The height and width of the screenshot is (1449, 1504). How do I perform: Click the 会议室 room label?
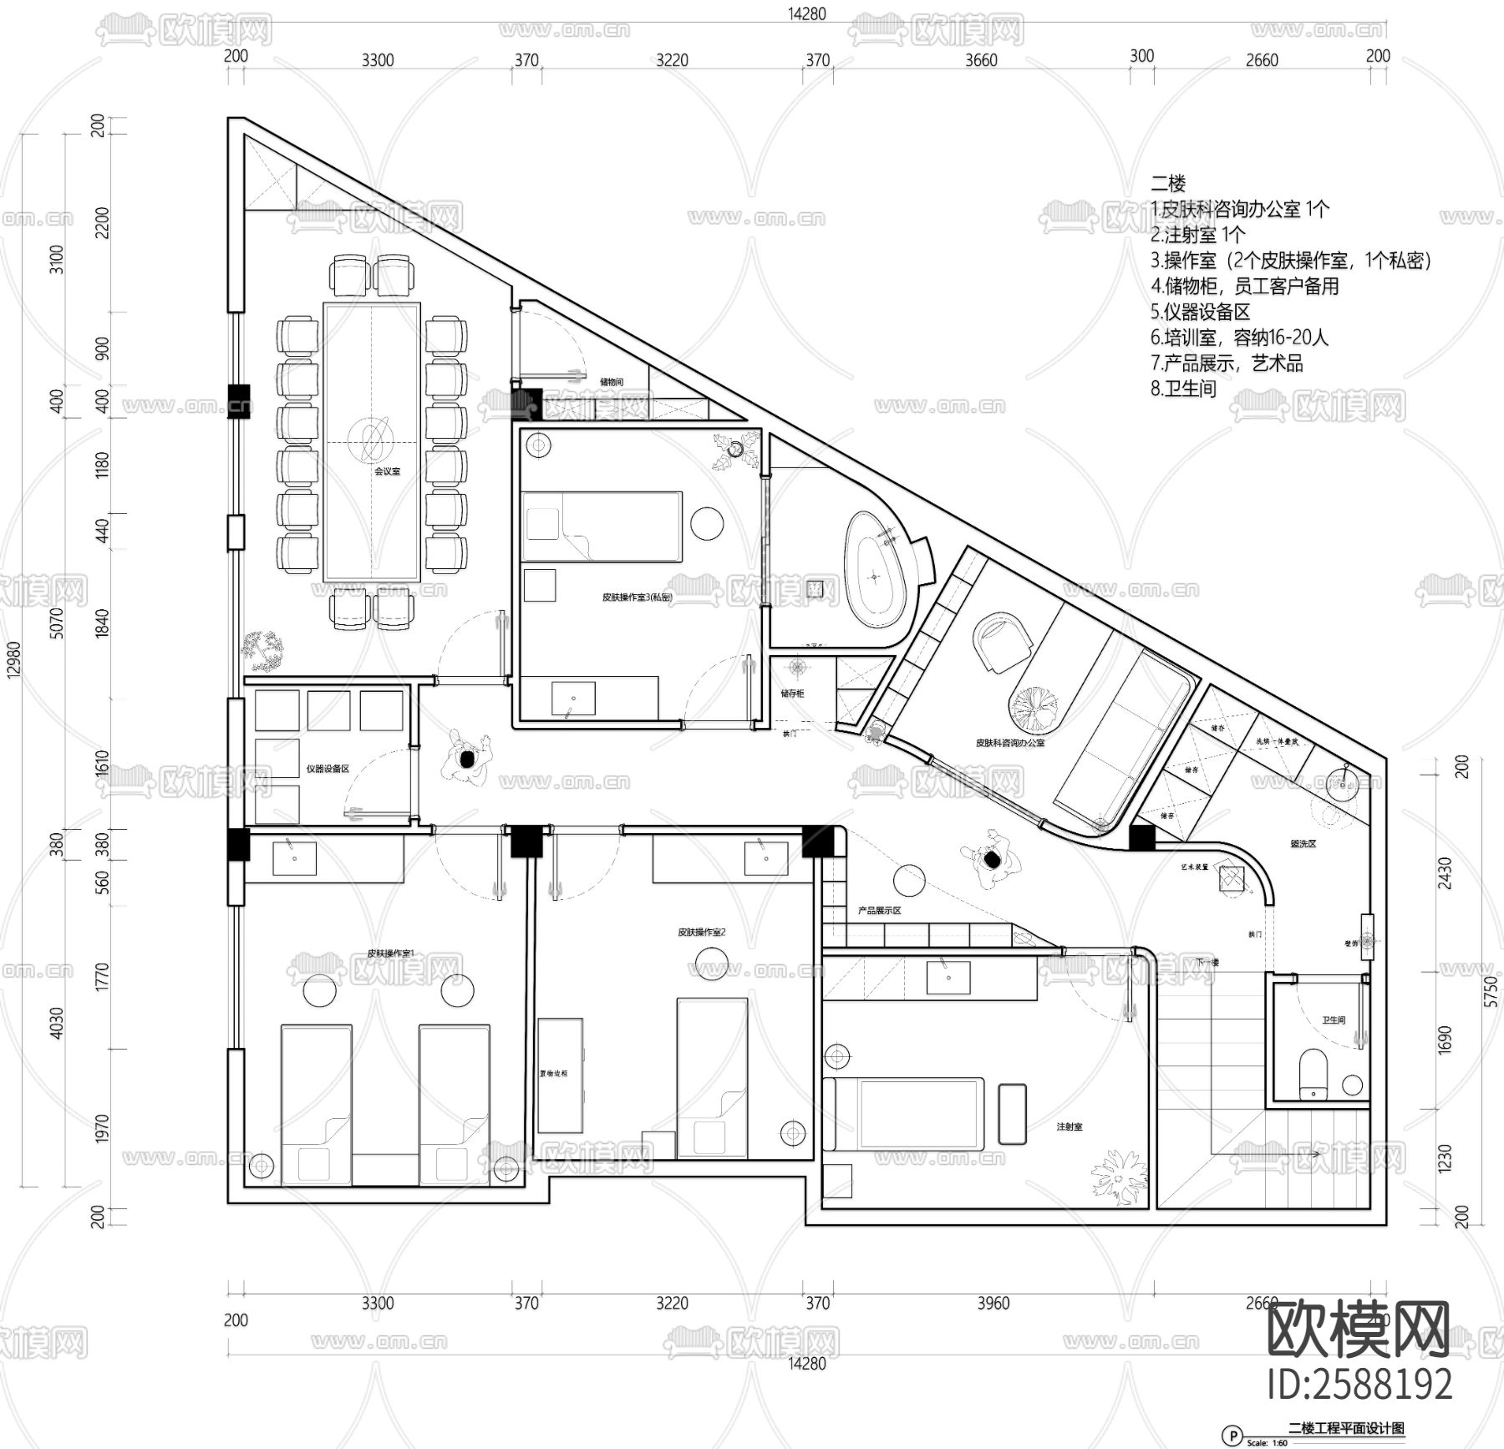click(x=387, y=471)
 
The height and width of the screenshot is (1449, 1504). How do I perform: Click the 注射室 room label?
click(x=1070, y=1127)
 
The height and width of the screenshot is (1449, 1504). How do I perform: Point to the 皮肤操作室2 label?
click(x=701, y=932)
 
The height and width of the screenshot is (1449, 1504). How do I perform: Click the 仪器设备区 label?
click(x=328, y=768)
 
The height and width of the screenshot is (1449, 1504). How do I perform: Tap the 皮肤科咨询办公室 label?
click(x=1010, y=742)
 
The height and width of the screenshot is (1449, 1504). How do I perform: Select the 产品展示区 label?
click(x=879, y=910)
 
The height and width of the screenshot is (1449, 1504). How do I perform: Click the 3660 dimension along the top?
click(x=981, y=60)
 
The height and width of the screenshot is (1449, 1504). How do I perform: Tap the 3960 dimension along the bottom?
click(x=993, y=1303)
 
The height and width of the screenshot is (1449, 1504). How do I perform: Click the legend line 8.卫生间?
click(x=1183, y=389)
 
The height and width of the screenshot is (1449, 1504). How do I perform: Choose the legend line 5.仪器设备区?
click(x=1200, y=312)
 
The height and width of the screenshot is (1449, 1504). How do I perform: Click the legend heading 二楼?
click(x=1168, y=183)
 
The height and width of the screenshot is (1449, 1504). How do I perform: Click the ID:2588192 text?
click(x=1360, y=1384)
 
